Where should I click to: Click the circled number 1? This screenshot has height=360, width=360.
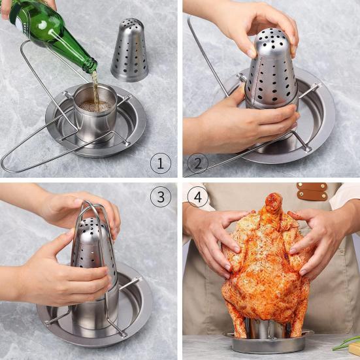point(161,163)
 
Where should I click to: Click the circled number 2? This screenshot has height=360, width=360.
point(198,163)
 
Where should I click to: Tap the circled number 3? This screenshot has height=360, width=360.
point(161,197)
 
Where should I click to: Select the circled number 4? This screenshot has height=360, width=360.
point(198,197)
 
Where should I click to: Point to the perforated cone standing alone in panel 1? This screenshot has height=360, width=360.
point(129,50)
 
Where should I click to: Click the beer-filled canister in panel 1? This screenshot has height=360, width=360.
point(95,112)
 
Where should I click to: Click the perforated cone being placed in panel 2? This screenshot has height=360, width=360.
point(271,69)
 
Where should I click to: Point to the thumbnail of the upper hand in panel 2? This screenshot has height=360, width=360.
point(252,54)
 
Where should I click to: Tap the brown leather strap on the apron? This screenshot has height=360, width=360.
point(312,191)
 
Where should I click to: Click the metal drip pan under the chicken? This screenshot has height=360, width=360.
point(269,342)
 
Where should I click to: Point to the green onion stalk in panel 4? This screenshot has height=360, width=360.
point(346,342)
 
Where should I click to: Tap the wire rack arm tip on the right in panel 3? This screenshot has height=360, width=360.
point(138,280)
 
